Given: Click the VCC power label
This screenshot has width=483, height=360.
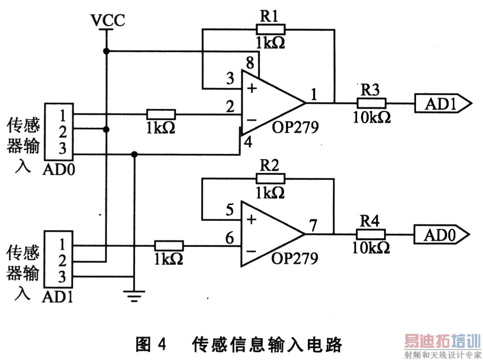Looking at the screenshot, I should click(107, 20).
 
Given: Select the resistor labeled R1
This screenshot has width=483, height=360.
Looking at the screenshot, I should click(269, 29).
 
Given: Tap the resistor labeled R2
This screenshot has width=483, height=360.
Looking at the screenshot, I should click(269, 178).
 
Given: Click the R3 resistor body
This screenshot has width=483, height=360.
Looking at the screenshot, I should click(371, 102).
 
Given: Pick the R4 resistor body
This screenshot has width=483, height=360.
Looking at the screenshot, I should click(371, 234).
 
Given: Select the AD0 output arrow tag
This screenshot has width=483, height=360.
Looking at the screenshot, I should click(442, 235).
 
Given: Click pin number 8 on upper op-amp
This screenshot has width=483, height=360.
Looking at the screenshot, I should click(250, 64).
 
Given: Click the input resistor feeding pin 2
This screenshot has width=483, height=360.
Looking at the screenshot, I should click(161, 114).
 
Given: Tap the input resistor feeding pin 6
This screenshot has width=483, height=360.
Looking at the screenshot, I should click(169, 245).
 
